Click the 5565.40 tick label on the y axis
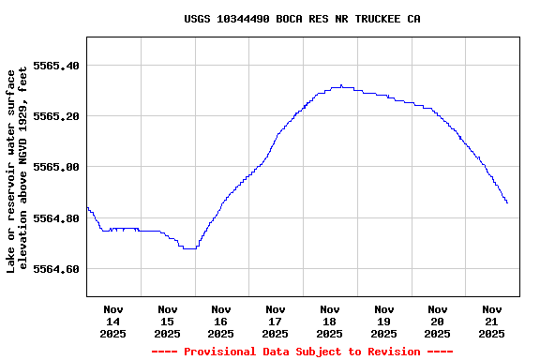pos(56,66)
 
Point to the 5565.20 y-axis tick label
pos(56,116)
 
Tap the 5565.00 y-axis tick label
pos(56,167)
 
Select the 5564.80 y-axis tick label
pos(56,218)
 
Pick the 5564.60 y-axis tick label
pos(56,269)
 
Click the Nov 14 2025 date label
pos(113,321)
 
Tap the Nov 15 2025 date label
pos(167,321)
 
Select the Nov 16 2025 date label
pos(221,321)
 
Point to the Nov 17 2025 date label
pos(276,321)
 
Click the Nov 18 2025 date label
pos(329,321)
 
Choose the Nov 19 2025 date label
pos(383,321)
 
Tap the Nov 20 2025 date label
pos(438,321)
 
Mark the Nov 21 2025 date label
pos(491,321)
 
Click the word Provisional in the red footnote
pos(223,352)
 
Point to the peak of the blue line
pos(341,85)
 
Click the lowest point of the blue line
pos(189,248)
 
